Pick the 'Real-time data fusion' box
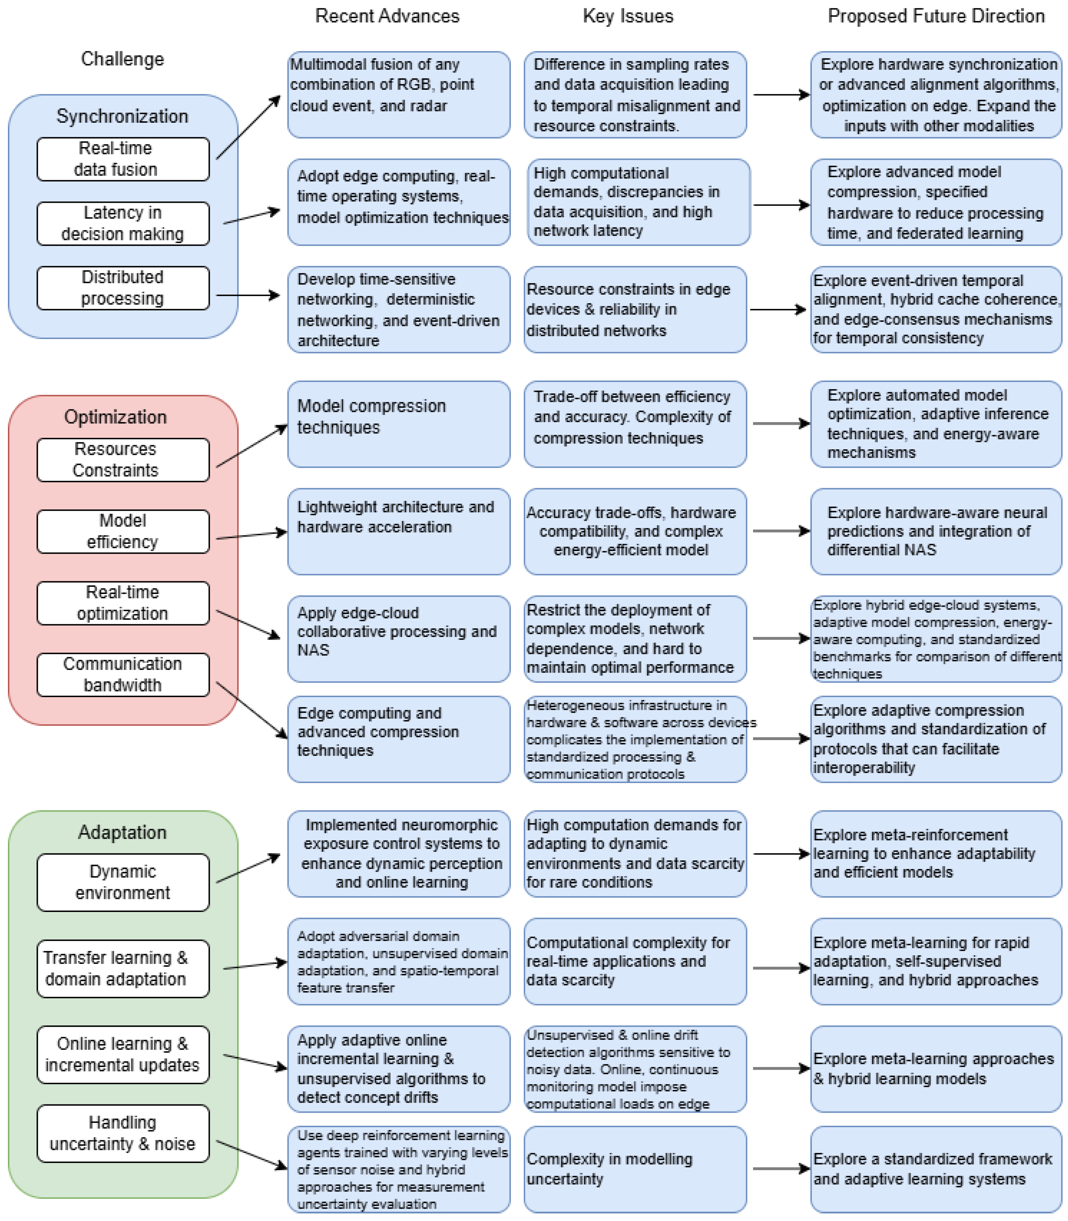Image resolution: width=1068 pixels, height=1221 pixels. [123, 159]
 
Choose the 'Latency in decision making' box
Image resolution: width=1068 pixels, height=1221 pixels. [123, 223]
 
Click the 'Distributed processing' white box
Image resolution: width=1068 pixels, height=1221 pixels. [123, 288]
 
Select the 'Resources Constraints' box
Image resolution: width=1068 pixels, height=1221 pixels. [123, 460]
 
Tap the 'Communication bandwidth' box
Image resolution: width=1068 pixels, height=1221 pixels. [123, 674]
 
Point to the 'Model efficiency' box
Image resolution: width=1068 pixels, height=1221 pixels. [123, 531]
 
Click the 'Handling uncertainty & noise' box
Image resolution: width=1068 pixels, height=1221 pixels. [123, 1133]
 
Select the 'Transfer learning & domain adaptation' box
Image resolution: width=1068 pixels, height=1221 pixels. [123, 968]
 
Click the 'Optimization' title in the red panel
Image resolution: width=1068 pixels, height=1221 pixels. [116, 417]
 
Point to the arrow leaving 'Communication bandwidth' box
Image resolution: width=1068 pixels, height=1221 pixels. [251, 710]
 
